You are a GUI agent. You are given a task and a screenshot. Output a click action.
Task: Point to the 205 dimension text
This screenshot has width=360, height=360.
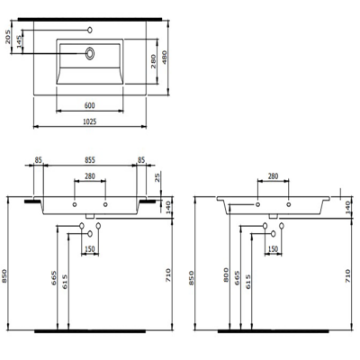coord(9,39)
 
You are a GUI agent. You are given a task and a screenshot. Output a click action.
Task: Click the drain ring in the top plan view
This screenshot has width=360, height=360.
coord(91,54)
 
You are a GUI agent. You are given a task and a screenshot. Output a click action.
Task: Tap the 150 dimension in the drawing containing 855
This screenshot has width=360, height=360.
coord(90,249)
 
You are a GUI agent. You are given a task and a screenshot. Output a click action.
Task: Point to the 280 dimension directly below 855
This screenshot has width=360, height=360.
coord(90,176)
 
